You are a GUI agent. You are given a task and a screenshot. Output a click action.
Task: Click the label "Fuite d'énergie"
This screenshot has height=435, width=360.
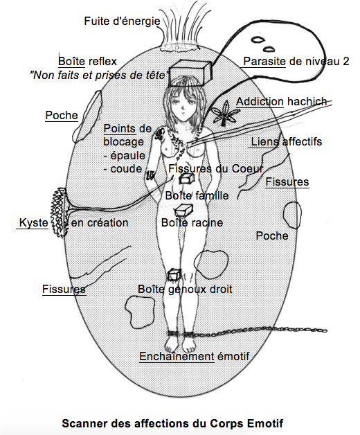click(x=122, y=21)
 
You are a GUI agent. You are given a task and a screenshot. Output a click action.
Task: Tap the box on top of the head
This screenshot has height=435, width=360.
click(x=190, y=73)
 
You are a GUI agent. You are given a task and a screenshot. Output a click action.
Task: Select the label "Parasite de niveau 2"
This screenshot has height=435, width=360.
click(x=296, y=62)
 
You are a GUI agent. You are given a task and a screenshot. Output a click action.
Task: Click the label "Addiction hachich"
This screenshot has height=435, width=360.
click(x=282, y=102)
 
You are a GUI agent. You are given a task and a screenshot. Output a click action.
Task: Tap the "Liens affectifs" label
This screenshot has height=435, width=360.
click(x=287, y=142)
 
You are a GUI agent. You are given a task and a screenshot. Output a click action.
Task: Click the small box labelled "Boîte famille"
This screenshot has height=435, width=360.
click(x=186, y=179)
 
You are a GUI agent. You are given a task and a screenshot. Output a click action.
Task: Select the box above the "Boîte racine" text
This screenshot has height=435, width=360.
click(x=183, y=210)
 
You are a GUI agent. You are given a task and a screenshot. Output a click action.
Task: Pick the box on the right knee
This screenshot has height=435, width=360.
click(x=174, y=274)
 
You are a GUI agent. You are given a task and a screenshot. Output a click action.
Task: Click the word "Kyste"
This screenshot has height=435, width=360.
click(x=33, y=223)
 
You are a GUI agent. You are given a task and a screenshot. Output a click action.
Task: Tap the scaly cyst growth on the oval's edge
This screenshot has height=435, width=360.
click(x=59, y=212)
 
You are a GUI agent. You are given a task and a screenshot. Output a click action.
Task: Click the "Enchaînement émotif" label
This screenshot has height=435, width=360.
click(x=194, y=357)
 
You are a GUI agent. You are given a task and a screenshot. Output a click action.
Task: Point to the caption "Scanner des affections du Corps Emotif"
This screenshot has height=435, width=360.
click(x=172, y=423)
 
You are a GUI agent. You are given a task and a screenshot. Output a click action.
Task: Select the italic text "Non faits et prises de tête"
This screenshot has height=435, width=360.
click(x=99, y=76)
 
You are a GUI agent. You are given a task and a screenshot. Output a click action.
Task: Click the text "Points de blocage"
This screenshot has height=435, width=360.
click(x=127, y=135)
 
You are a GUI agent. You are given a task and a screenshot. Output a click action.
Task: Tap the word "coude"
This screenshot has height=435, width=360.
click(x=126, y=169)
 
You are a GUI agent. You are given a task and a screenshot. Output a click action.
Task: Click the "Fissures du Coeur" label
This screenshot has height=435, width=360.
click(x=216, y=169)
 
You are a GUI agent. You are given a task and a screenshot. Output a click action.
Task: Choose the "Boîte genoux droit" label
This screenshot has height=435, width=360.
click(x=185, y=290)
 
